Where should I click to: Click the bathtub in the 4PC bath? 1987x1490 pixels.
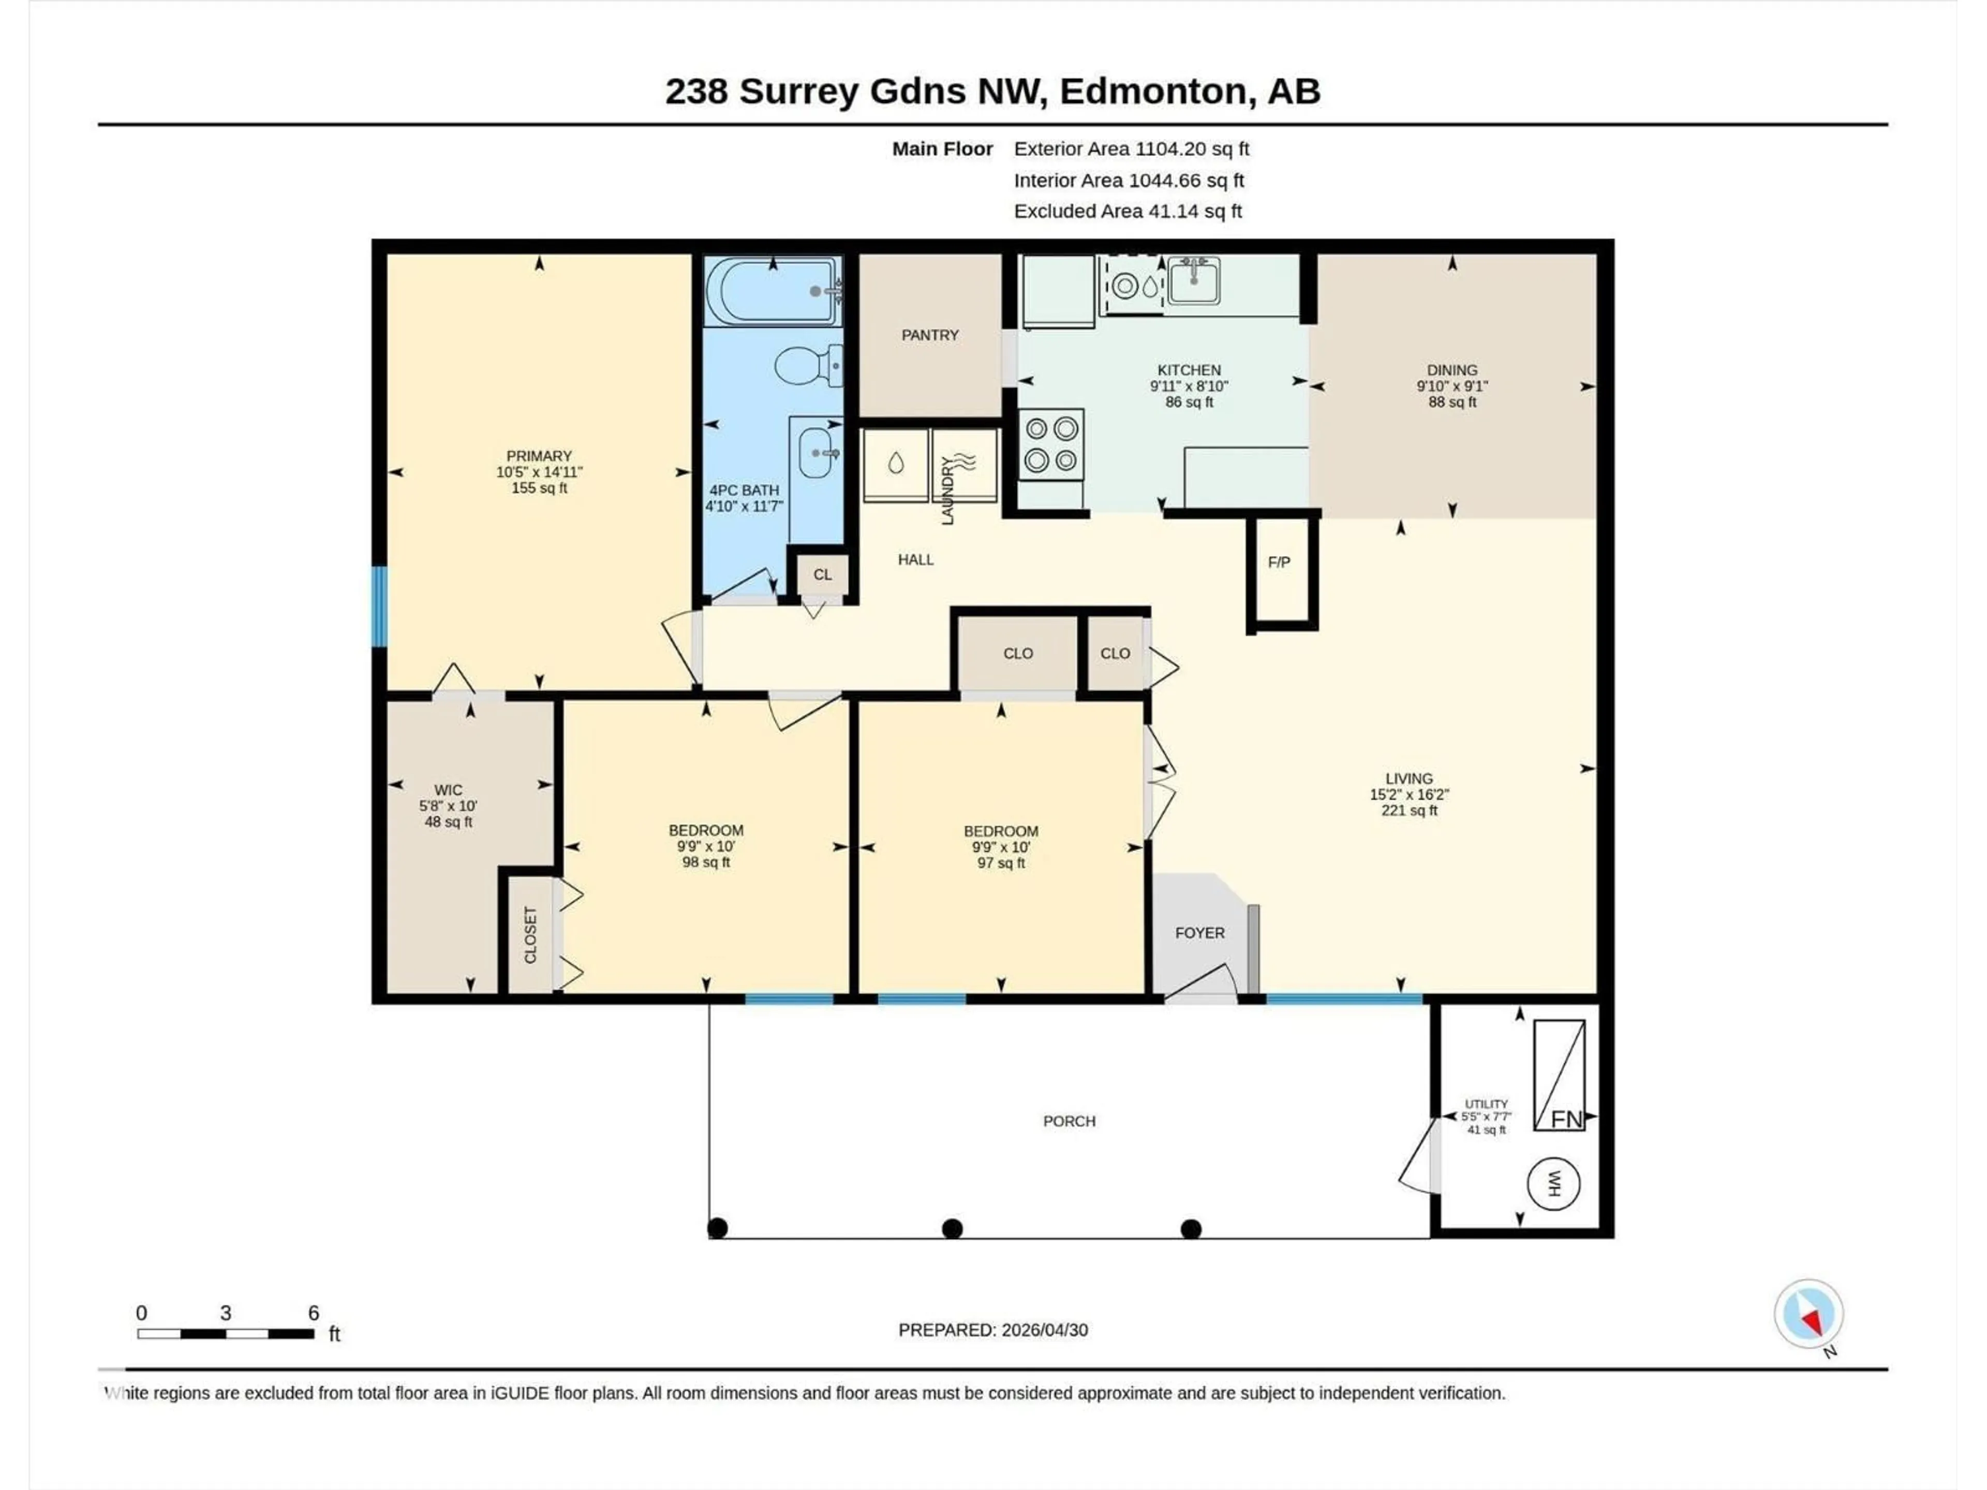(x=773, y=291)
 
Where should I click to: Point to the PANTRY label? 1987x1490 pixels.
(x=930, y=335)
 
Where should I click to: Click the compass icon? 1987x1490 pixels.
(x=1808, y=1314)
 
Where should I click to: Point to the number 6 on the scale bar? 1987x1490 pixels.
(x=314, y=1313)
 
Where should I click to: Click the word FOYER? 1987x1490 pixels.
(x=1199, y=933)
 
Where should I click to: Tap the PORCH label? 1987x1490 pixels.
(x=1069, y=1121)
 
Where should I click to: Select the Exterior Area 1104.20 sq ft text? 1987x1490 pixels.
(x=1131, y=149)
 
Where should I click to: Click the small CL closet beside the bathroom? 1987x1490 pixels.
(x=822, y=575)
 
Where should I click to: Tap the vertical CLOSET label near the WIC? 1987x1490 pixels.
(x=530, y=935)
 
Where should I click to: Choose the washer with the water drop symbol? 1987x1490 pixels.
(x=896, y=465)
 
